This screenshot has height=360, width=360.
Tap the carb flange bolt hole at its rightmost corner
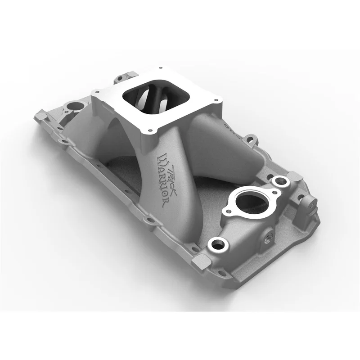(216, 100)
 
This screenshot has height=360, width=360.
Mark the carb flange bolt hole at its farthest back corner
(161, 68)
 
